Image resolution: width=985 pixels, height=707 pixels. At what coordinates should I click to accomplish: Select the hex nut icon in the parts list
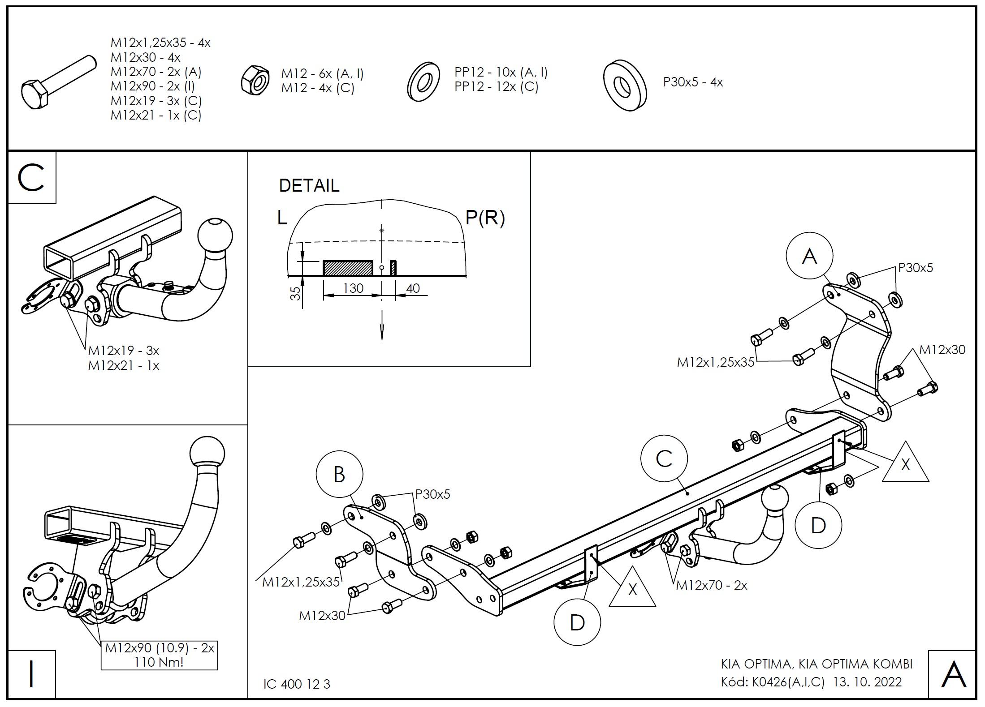coord(255,80)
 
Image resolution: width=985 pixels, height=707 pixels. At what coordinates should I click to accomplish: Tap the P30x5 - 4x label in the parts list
coord(693,82)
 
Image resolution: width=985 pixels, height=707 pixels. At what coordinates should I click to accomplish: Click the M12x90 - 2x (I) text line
coord(152,86)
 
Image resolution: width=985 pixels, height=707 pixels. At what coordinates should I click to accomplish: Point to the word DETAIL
coord(309,185)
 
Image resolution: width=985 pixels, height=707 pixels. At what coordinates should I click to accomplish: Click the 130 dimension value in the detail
coord(353,289)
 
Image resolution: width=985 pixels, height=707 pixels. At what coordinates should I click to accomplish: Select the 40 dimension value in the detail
coord(413,289)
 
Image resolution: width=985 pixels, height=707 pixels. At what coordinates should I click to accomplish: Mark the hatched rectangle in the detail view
coord(348,267)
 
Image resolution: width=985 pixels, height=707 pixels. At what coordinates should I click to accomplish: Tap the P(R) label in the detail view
coord(485,218)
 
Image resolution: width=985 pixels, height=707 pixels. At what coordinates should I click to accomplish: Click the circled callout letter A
coord(809,256)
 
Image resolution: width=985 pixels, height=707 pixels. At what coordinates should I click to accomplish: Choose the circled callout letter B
coord(339,475)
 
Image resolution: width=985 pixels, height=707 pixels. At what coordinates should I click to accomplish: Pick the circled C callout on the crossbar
coord(664,459)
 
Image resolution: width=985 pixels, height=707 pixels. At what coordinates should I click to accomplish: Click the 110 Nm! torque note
coord(159,662)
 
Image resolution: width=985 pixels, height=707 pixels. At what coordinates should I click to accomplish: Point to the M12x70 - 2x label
coord(711,585)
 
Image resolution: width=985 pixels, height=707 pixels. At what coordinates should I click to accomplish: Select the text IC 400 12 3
coord(297,684)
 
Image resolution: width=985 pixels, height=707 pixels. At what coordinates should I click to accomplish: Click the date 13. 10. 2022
coord(867,682)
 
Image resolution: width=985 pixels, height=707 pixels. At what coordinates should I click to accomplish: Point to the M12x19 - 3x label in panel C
coord(124,350)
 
